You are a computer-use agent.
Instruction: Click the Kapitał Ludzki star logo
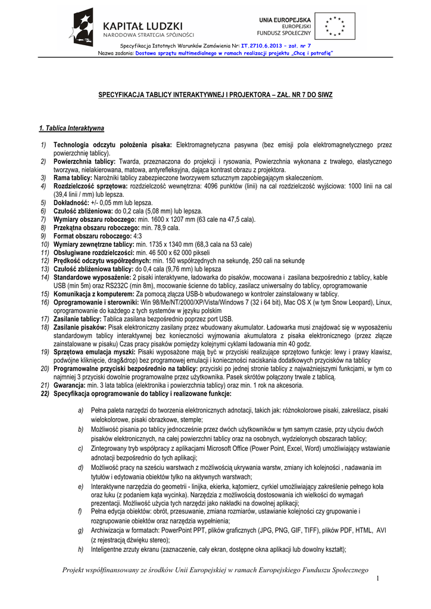click(83, 26)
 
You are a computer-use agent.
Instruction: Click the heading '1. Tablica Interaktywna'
click(71, 128)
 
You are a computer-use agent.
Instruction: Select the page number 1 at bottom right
click(377, 579)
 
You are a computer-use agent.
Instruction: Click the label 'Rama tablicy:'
click(73, 178)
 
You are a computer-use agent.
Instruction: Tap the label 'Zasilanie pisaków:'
click(79, 327)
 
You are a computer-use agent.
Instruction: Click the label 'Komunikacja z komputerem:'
click(93, 294)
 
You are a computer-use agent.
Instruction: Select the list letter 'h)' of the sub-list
click(80, 550)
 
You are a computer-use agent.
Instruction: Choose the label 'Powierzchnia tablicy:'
click(85, 161)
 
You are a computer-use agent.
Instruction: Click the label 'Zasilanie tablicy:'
click(77, 319)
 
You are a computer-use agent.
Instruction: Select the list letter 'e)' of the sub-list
click(80, 486)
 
